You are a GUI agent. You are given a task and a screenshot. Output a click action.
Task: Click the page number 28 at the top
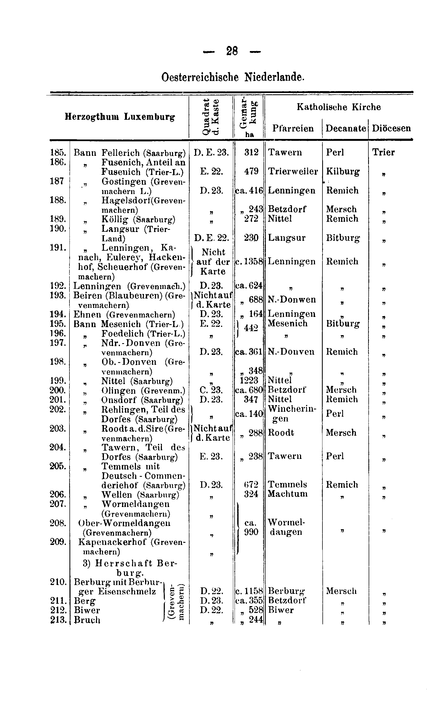(232, 52)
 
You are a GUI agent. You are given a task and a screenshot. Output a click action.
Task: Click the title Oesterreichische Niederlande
(233, 77)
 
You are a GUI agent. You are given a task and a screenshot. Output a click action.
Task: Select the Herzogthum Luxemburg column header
(120, 117)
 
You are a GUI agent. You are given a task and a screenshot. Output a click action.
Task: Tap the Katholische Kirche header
(338, 107)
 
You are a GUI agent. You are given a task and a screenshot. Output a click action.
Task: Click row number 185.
(58, 152)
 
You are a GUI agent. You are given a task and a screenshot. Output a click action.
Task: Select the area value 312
(251, 152)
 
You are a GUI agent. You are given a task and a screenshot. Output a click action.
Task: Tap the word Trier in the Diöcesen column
(383, 152)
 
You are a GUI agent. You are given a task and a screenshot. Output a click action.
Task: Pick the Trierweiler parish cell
(293, 171)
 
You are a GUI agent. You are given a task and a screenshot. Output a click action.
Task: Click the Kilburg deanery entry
(343, 171)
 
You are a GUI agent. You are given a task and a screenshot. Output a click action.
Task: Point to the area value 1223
(249, 380)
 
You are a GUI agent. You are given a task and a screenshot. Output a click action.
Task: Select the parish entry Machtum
(287, 494)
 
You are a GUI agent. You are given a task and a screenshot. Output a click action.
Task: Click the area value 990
(251, 532)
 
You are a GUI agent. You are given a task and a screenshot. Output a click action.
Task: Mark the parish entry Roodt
(281, 433)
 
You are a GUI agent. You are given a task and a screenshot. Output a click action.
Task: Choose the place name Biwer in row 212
(87, 610)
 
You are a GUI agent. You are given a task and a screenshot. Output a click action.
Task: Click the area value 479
(251, 171)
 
